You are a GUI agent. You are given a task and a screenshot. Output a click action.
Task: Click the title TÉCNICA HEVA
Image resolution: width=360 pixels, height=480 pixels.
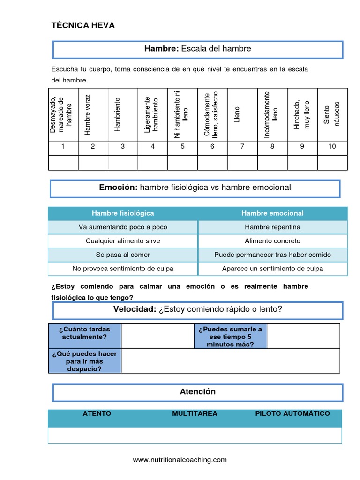(x=83, y=25)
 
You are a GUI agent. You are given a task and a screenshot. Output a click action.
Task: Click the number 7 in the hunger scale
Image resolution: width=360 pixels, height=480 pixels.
(x=242, y=146)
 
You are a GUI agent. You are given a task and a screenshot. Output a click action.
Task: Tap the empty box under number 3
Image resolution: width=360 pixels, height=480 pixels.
(x=123, y=163)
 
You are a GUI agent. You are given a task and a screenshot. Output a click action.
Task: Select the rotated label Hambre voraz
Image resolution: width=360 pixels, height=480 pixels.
(x=87, y=114)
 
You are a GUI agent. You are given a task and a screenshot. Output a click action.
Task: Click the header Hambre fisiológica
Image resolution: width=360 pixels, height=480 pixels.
(x=123, y=213)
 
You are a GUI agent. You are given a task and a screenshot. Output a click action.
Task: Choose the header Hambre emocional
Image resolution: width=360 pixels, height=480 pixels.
(x=272, y=213)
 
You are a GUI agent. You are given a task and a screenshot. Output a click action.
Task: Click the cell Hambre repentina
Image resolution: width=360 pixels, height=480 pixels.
(x=272, y=227)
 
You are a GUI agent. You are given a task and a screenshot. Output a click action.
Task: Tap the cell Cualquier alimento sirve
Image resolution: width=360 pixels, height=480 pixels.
(x=123, y=241)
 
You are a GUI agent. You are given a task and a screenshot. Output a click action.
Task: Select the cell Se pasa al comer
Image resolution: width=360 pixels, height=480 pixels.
(x=123, y=255)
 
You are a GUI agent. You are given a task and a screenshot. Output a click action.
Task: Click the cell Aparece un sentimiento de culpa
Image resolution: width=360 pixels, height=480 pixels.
(x=272, y=269)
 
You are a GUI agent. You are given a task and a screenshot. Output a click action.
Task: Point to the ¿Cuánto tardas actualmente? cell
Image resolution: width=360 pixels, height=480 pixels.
(x=85, y=333)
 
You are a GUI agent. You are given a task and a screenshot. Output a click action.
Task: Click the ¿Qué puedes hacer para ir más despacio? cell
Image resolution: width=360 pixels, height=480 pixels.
(x=85, y=361)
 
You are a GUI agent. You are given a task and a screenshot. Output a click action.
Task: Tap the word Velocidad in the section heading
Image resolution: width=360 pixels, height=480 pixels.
(x=135, y=309)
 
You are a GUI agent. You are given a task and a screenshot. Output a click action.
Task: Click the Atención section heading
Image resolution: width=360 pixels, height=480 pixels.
(x=197, y=391)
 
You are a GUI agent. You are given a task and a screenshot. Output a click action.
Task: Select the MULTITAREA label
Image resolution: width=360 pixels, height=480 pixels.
(x=195, y=413)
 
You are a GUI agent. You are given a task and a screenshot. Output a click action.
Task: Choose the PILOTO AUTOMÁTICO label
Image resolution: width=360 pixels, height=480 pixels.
(x=292, y=413)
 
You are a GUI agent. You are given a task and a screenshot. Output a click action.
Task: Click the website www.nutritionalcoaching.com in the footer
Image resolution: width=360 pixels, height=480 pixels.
(x=180, y=460)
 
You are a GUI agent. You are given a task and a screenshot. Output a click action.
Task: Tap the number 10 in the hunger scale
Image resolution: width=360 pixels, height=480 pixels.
(x=332, y=146)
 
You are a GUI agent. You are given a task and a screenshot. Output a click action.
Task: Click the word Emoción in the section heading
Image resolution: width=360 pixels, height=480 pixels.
(x=118, y=187)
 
